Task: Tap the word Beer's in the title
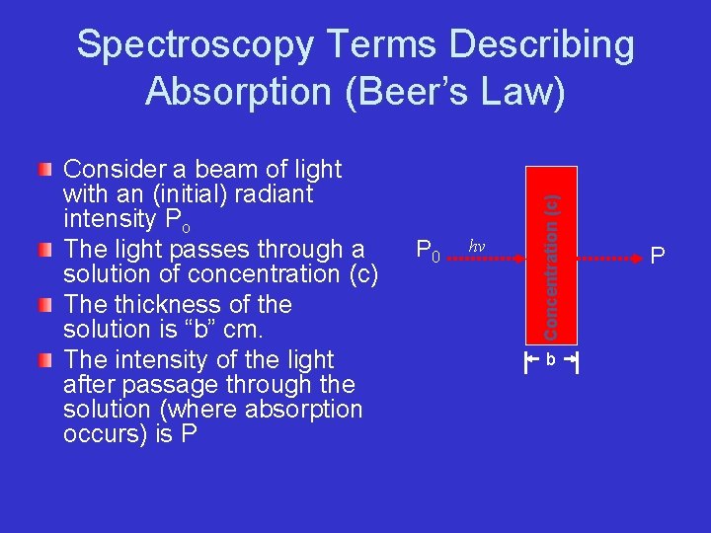click(418, 91)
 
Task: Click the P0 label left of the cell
click(427, 253)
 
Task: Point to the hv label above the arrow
click(476, 246)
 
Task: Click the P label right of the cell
click(658, 257)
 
